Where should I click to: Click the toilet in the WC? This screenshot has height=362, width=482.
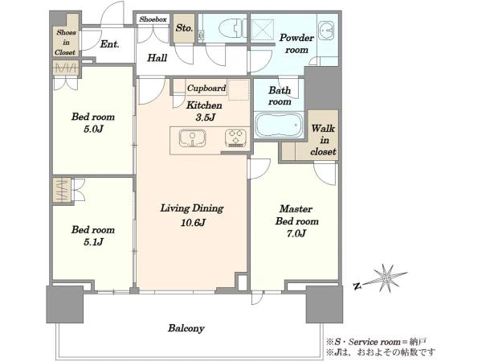pyautogui.click(x=232, y=28)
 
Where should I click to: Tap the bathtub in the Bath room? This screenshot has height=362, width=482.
pyautogui.click(x=279, y=125)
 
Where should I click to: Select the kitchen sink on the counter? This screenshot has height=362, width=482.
pyautogui.click(x=193, y=138)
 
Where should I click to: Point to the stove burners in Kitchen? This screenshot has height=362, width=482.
pyautogui.click(x=235, y=138)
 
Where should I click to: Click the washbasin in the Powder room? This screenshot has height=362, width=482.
pyautogui.click(x=325, y=31)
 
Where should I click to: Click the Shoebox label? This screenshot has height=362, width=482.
pyautogui.click(x=153, y=19)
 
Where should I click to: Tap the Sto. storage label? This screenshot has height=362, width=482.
pyautogui.click(x=184, y=28)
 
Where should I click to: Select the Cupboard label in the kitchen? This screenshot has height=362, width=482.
pyautogui.click(x=206, y=88)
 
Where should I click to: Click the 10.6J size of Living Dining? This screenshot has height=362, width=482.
pyautogui.click(x=193, y=222)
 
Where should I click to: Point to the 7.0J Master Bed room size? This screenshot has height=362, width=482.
pyautogui.click(x=296, y=233)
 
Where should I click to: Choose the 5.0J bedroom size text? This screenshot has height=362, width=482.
pyautogui.click(x=93, y=129)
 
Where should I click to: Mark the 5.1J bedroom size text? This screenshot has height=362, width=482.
pyautogui.click(x=93, y=242)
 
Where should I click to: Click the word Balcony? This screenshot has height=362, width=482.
pyautogui.click(x=186, y=328)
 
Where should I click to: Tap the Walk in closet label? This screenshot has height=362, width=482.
pyautogui.click(x=323, y=140)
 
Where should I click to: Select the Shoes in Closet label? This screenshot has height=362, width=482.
pyautogui.click(x=66, y=43)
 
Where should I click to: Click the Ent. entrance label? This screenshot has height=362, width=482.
pyautogui.click(x=110, y=44)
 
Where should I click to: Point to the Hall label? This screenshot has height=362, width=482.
pyautogui.click(x=157, y=58)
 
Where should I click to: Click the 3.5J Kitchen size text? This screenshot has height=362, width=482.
pyautogui.click(x=205, y=117)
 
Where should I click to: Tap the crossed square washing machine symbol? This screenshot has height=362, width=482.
pyautogui.click(x=263, y=30)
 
